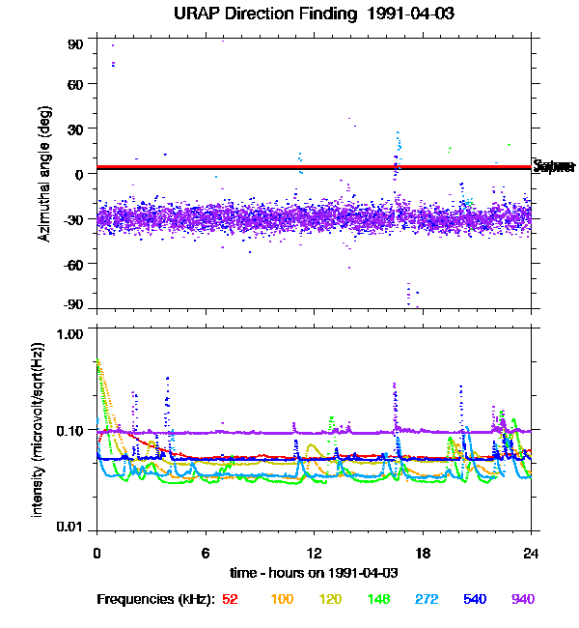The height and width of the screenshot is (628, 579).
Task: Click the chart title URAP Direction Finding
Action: (x=260, y=14)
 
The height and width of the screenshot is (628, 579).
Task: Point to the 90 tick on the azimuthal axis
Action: (x=75, y=44)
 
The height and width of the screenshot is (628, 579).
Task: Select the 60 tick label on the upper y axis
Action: (x=75, y=84)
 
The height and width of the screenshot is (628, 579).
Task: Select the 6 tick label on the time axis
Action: (x=206, y=553)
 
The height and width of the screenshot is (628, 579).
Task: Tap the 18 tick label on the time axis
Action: (x=423, y=553)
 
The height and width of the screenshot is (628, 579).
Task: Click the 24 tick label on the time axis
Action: (x=531, y=553)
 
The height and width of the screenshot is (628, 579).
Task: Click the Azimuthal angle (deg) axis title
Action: (x=44, y=174)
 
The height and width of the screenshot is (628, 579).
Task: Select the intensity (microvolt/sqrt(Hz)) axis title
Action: (x=39, y=429)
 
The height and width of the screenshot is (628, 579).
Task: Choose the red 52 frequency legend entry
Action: (x=230, y=599)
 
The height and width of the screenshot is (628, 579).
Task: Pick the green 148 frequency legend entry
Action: (x=377, y=599)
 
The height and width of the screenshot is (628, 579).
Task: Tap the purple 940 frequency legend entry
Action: (x=522, y=599)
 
